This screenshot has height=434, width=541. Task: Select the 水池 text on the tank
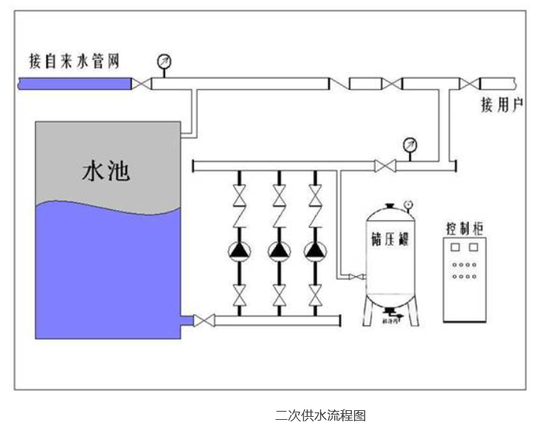106,172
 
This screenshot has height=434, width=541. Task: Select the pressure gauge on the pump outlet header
408,144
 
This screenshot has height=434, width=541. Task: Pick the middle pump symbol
278,251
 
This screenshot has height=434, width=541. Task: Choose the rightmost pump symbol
315,251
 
